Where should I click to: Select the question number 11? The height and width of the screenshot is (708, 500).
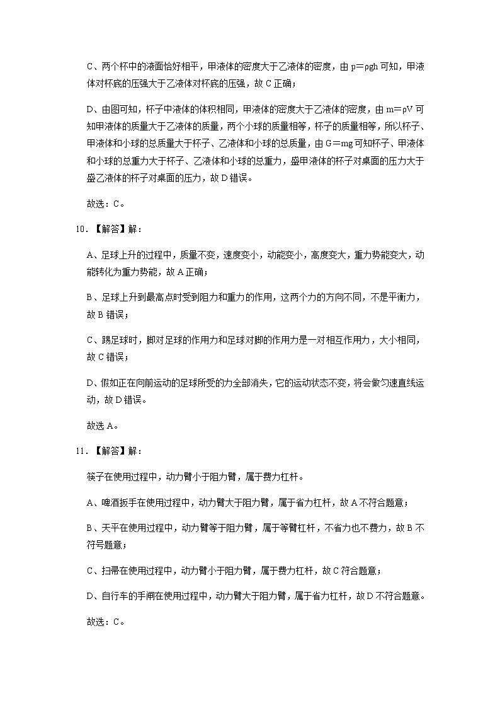(79, 451)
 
